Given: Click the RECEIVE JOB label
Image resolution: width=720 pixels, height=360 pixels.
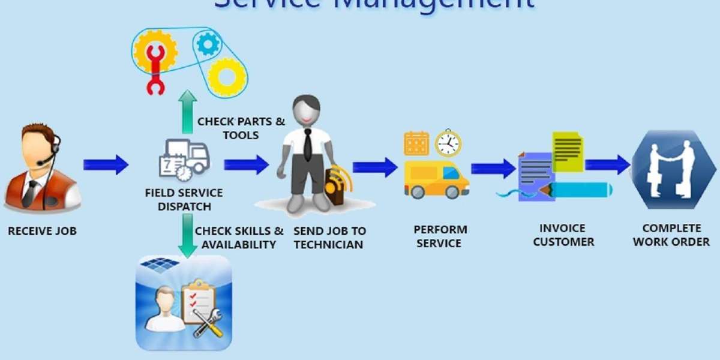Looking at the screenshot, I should tap(42, 230).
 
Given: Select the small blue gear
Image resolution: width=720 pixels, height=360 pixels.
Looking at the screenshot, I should tap(207, 43).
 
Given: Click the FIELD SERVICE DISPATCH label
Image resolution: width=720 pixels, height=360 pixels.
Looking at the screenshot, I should tap(184, 200).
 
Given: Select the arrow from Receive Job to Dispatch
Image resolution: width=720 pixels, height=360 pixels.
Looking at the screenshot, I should tap(106, 164).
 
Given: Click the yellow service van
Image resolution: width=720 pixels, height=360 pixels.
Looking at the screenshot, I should tap(436, 179).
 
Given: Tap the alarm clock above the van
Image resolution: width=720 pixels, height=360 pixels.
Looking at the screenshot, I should tap(448, 143).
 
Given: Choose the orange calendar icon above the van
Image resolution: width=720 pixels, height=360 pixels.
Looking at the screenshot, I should tap(416, 143).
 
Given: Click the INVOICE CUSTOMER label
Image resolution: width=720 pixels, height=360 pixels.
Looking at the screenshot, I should tap(563, 235).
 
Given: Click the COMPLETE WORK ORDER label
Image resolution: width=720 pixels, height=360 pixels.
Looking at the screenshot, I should tap(671, 235).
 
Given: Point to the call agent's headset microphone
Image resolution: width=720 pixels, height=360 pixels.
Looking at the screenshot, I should tap(41, 163).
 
